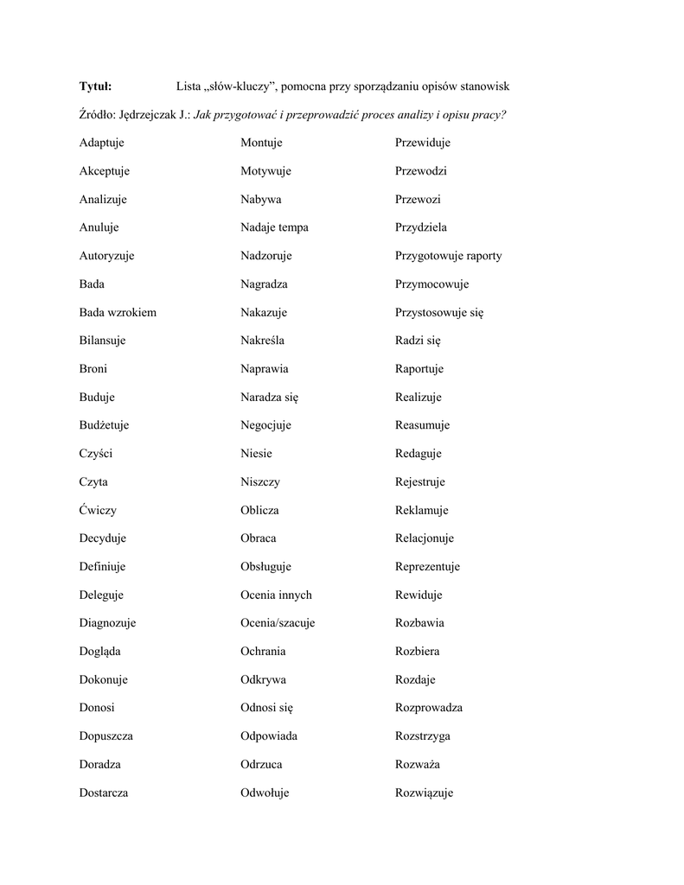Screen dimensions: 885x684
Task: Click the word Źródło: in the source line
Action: pos(98,114)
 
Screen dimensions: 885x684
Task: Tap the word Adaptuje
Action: pos(102,143)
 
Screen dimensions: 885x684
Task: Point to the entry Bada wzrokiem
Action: pos(118,312)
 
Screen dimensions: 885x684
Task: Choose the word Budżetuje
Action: pos(105,425)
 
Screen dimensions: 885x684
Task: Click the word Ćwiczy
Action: pos(98,510)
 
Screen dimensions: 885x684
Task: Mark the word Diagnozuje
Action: pos(107,623)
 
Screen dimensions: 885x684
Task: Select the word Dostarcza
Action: pos(104,793)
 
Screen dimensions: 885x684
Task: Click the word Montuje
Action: pos(261,143)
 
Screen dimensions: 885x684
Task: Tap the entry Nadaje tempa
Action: pos(274,227)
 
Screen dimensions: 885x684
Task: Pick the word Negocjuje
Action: pos(265,425)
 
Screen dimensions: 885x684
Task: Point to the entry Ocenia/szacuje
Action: pos(278,623)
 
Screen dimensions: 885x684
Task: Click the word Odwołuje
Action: pos(265,793)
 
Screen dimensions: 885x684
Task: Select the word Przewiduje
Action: pos(423,143)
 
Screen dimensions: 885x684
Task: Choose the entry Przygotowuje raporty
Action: pos(448,256)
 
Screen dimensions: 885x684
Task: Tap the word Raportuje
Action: pos(419,369)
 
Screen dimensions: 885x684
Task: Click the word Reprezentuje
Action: pos(427,567)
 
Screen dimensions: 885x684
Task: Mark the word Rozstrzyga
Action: pos(423,736)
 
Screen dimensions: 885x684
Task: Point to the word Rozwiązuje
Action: pos(424,793)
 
